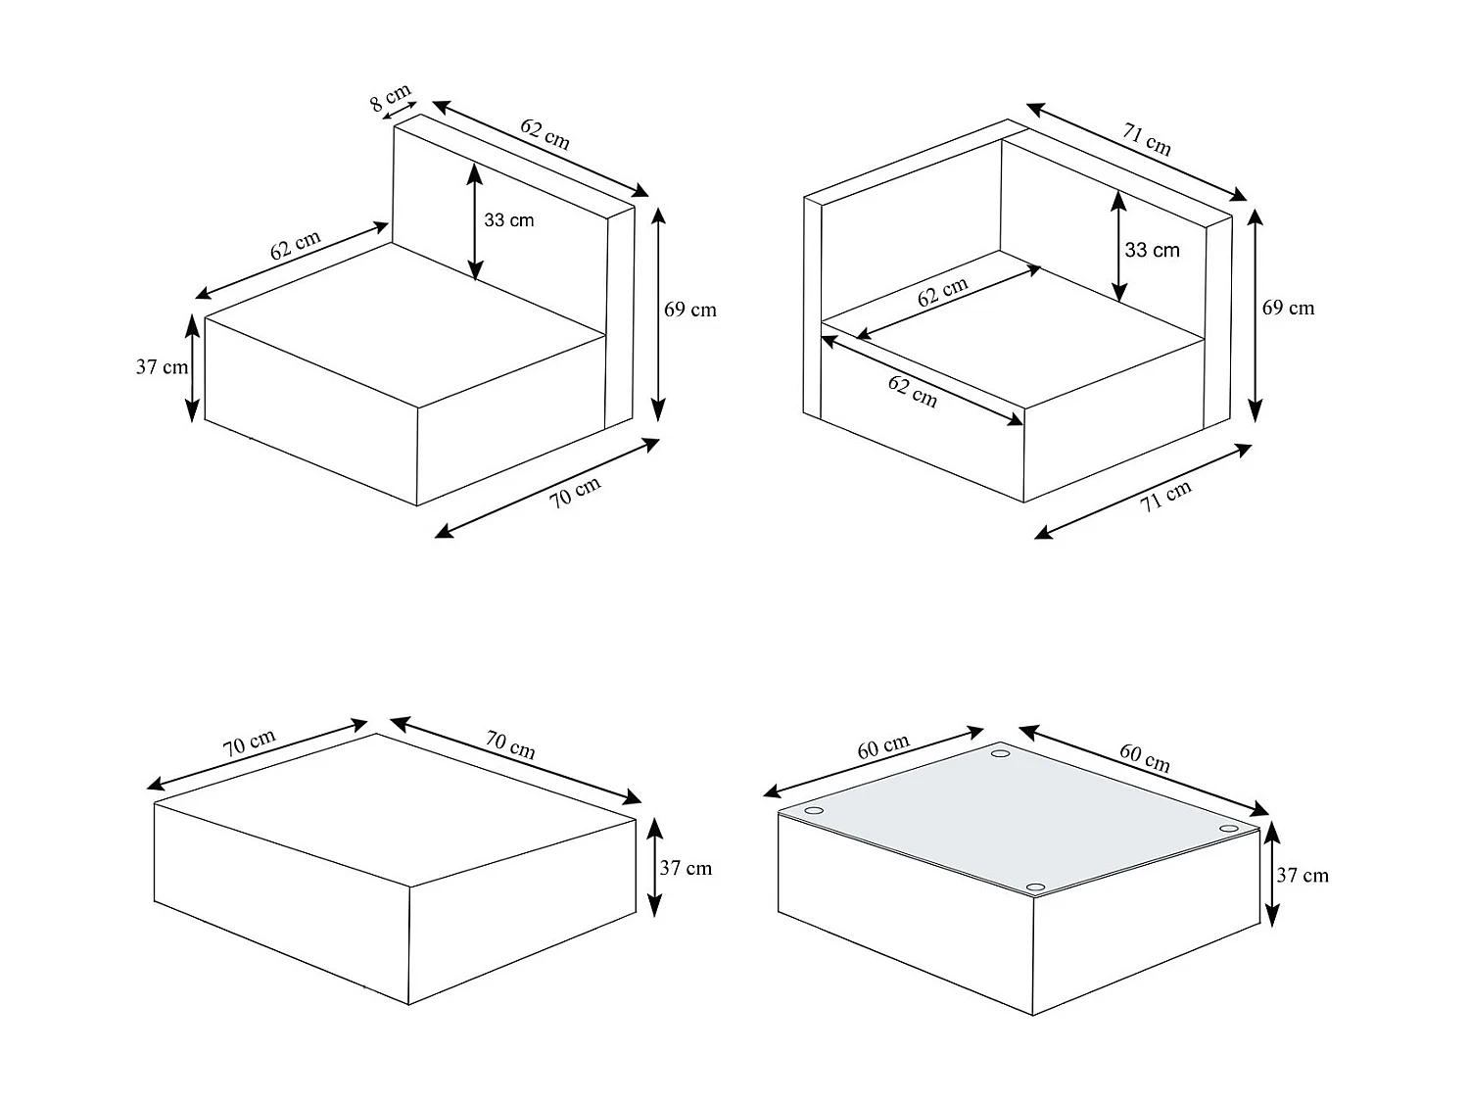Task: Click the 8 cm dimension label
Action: coord(390,97)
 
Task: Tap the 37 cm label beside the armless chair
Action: coord(162,367)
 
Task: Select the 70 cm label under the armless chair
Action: coord(575,491)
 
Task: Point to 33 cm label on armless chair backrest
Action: coord(509,220)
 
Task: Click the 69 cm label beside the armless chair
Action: coord(690,310)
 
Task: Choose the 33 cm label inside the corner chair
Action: coord(1152,250)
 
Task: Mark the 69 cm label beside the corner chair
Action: coord(1288,308)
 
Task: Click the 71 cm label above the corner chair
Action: coord(1147,140)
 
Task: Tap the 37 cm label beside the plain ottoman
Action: coord(686,868)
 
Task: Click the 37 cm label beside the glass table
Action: coord(1303,875)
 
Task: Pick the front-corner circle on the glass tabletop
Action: coord(1035,887)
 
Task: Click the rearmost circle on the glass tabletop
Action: coord(1000,753)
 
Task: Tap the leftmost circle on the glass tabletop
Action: coord(814,811)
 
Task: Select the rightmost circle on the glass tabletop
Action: coord(1228,829)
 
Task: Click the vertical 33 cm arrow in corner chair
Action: coord(1117,246)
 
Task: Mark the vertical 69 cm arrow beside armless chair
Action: coord(658,313)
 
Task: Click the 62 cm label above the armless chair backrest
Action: coord(545,133)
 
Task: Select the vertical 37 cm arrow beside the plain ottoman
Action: coord(655,866)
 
